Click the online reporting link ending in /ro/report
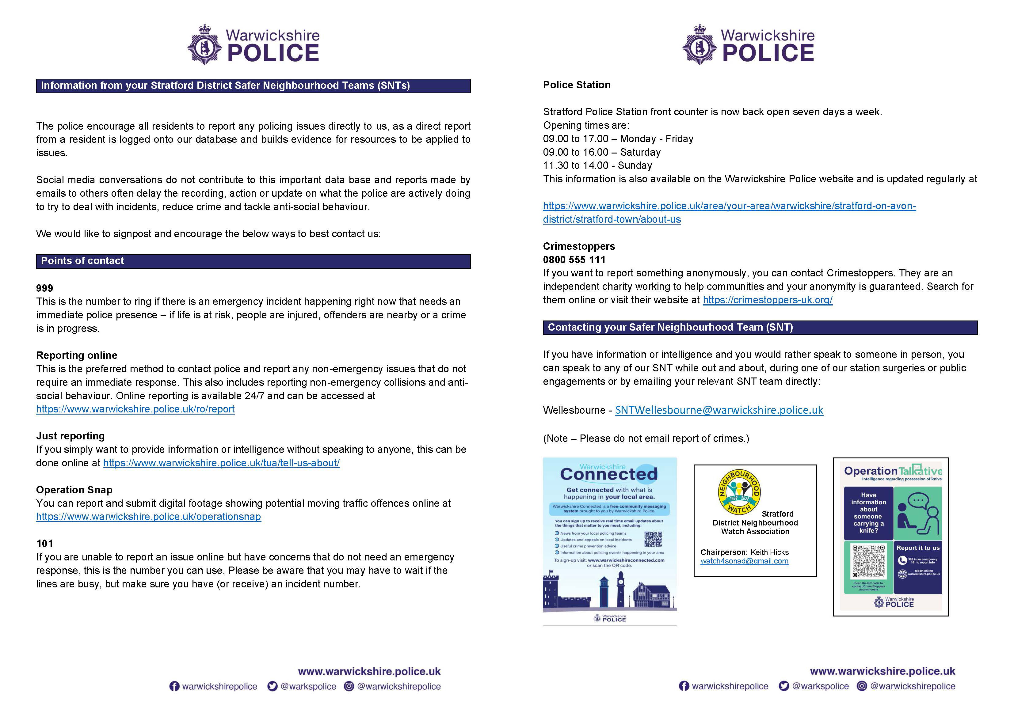click(135, 409)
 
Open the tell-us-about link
click(221, 463)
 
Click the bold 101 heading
click(45, 544)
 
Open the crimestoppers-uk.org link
click(768, 300)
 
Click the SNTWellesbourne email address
click(719, 410)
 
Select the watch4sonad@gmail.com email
click(744, 561)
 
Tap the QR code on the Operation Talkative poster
click(869, 562)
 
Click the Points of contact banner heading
click(82, 261)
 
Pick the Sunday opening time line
click(597, 165)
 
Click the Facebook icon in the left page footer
click(174, 687)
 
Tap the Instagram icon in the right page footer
click(862, 686)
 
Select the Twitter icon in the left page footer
click(273, 687)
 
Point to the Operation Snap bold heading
click(74, 490)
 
